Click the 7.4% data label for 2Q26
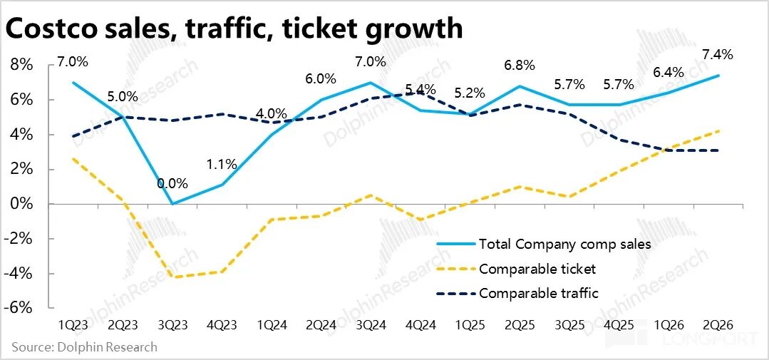click(718, 54)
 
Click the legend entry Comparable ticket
click(537, 269)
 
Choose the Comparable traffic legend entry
click(539, 293)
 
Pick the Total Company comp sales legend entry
click(565, 245)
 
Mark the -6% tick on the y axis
click(20, 309)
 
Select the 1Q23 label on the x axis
click(73, 324)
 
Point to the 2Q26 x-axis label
click(718, 324)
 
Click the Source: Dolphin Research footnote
click(84, 347)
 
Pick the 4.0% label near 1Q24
click(272, 114)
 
